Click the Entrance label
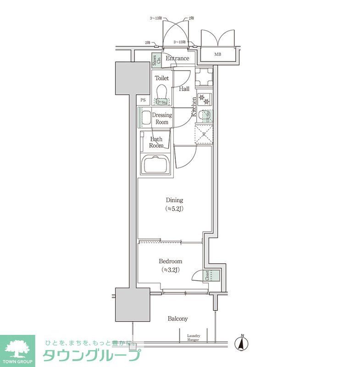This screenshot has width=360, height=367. point(177,59)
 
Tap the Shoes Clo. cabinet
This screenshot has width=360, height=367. point(156,61)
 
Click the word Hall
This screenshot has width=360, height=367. point(184,89)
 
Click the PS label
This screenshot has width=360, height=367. point(144,100)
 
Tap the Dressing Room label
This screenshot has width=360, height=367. point(161,119)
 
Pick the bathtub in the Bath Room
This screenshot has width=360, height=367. point(156,164)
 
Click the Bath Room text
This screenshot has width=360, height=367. point(156,142)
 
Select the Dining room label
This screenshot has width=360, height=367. point(174,200)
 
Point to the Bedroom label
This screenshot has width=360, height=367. point(169,261)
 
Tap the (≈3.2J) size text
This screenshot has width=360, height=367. point(169,270)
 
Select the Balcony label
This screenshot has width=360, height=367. point(177,319)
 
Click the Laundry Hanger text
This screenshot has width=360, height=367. point(193,338)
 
